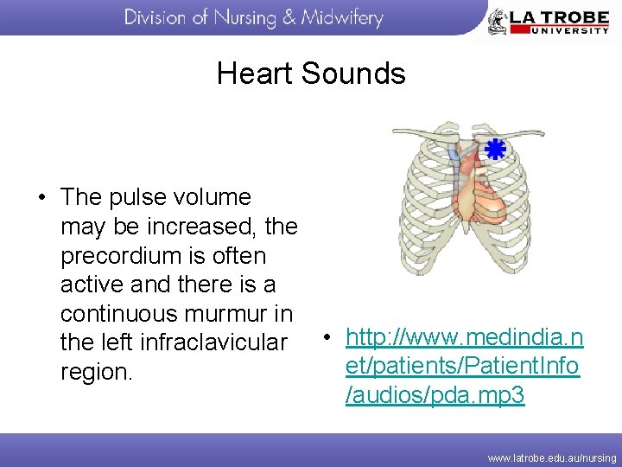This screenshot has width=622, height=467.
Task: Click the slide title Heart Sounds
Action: click(311, 74)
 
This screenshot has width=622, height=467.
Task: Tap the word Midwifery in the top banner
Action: click(341, 18)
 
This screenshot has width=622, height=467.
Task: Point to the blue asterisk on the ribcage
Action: click(494, 150)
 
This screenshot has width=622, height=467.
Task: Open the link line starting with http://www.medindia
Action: click(465, 336)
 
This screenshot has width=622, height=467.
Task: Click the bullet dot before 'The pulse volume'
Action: click(42, 197)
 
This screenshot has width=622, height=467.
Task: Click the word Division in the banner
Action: click(160, 18)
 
